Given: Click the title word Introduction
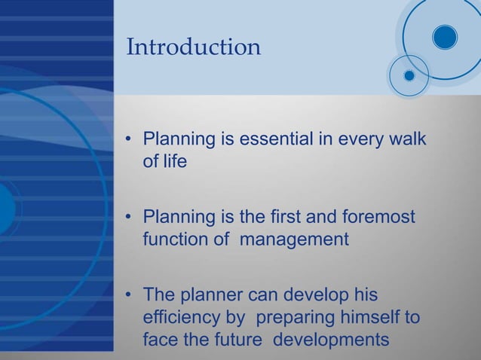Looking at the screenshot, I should [x=194, y=47].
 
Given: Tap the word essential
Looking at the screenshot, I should [x=272, y=139].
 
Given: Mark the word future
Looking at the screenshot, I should [x=237, y=340].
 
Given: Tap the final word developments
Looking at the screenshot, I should [x=331, y=340].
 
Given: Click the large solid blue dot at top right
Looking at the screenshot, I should [x=445, y=36].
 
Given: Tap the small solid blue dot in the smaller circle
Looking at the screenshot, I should [x=409, y=75].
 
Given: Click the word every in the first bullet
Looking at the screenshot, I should [x=354, y=139].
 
